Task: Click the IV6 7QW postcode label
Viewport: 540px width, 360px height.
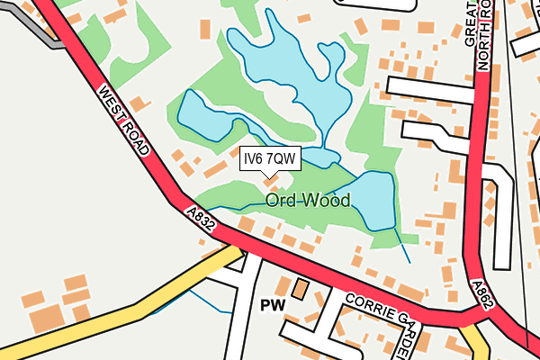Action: (270, 159)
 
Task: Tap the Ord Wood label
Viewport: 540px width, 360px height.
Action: (307, 200)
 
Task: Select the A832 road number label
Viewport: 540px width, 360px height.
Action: (201, 218)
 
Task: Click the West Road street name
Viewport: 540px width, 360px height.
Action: (124, 121)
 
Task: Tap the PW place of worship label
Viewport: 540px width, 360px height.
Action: (272, 306)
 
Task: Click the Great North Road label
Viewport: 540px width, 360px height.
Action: (476, 36)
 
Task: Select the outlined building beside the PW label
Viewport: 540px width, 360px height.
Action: (300, 290)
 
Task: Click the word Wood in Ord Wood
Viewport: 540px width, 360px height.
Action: (327, 200)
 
